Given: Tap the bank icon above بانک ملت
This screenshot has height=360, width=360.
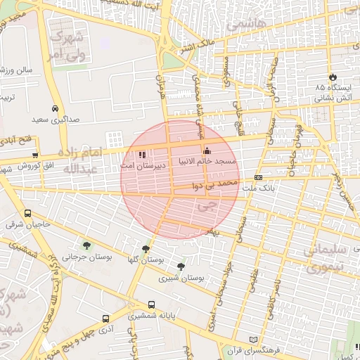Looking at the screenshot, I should pyautogui.click(x=258, y=177).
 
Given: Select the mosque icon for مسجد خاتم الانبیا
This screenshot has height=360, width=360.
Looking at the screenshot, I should pyautogui.click(x=207, y=150).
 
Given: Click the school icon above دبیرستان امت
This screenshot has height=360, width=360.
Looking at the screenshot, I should pyautogui.click(x=143, y=154).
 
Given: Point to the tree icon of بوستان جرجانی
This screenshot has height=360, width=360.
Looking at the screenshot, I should pyautogui.click(x=86, y=245).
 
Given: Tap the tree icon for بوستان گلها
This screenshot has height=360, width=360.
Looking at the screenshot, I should pyautogui.click(x=146, y=248).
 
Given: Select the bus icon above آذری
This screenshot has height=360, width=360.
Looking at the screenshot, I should pyautogui.click(x=105, y=318).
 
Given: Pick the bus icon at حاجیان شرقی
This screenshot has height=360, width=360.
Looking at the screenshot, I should pyautogui.click(x=27, y=214).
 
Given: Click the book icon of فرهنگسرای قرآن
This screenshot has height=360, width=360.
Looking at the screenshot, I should pyautogui.click(x=244, y=339).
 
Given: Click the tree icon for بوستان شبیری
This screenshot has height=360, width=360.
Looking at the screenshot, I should pyautogui.click(x=181, y=266).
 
